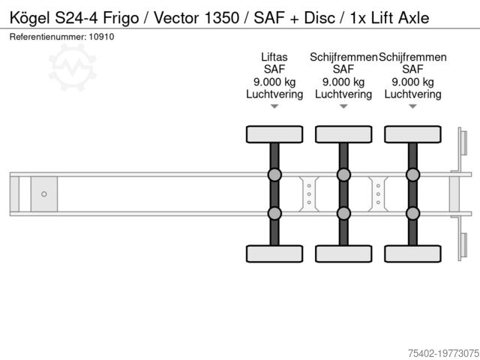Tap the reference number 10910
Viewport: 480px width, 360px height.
[103, 37]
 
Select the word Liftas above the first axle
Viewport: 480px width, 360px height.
[274, 57]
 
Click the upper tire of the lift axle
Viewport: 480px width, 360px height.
[274, 134]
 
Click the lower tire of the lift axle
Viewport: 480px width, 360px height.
[274, 253]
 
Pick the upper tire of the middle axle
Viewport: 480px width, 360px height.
[343, 134]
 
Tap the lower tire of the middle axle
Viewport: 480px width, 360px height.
[343, 253]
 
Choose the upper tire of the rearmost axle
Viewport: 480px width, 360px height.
[412, 134]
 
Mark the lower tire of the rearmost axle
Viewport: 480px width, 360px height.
[412, 253]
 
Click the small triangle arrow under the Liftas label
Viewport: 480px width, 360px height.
[274, 106]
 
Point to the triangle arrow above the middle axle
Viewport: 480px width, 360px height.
[343, 106]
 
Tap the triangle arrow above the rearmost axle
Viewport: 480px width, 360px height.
[412, 106]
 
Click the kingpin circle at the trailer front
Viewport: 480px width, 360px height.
[44, 194]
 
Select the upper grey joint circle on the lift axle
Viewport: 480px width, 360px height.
[274, 175]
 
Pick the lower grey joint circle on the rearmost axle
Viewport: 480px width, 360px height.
[412, 213]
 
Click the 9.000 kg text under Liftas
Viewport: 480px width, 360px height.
[274, 82]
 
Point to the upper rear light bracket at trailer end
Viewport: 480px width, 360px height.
[463, 142]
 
